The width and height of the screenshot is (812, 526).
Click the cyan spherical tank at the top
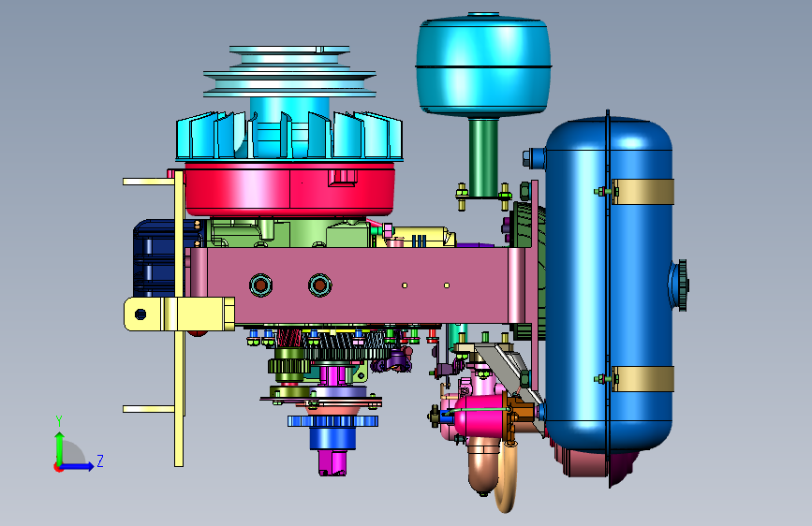(x=483, y=65)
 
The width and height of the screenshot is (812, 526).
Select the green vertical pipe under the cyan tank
(x=483, y=157)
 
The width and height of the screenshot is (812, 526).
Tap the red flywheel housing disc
(x=290, y=189)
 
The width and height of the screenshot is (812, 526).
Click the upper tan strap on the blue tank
(x=642, y=192)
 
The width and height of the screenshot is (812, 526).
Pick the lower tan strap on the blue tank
(x=642, y=379)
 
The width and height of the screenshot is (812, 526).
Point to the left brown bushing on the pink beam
(x=260, y=285)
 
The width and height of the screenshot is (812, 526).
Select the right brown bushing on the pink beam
(x=320, y=285)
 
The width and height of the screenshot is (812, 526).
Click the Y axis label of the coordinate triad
(x=59, y=421)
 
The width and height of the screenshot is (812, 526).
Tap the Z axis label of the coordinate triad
(x=100, y=460)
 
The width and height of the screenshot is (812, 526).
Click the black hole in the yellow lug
(x=140, y=314)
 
